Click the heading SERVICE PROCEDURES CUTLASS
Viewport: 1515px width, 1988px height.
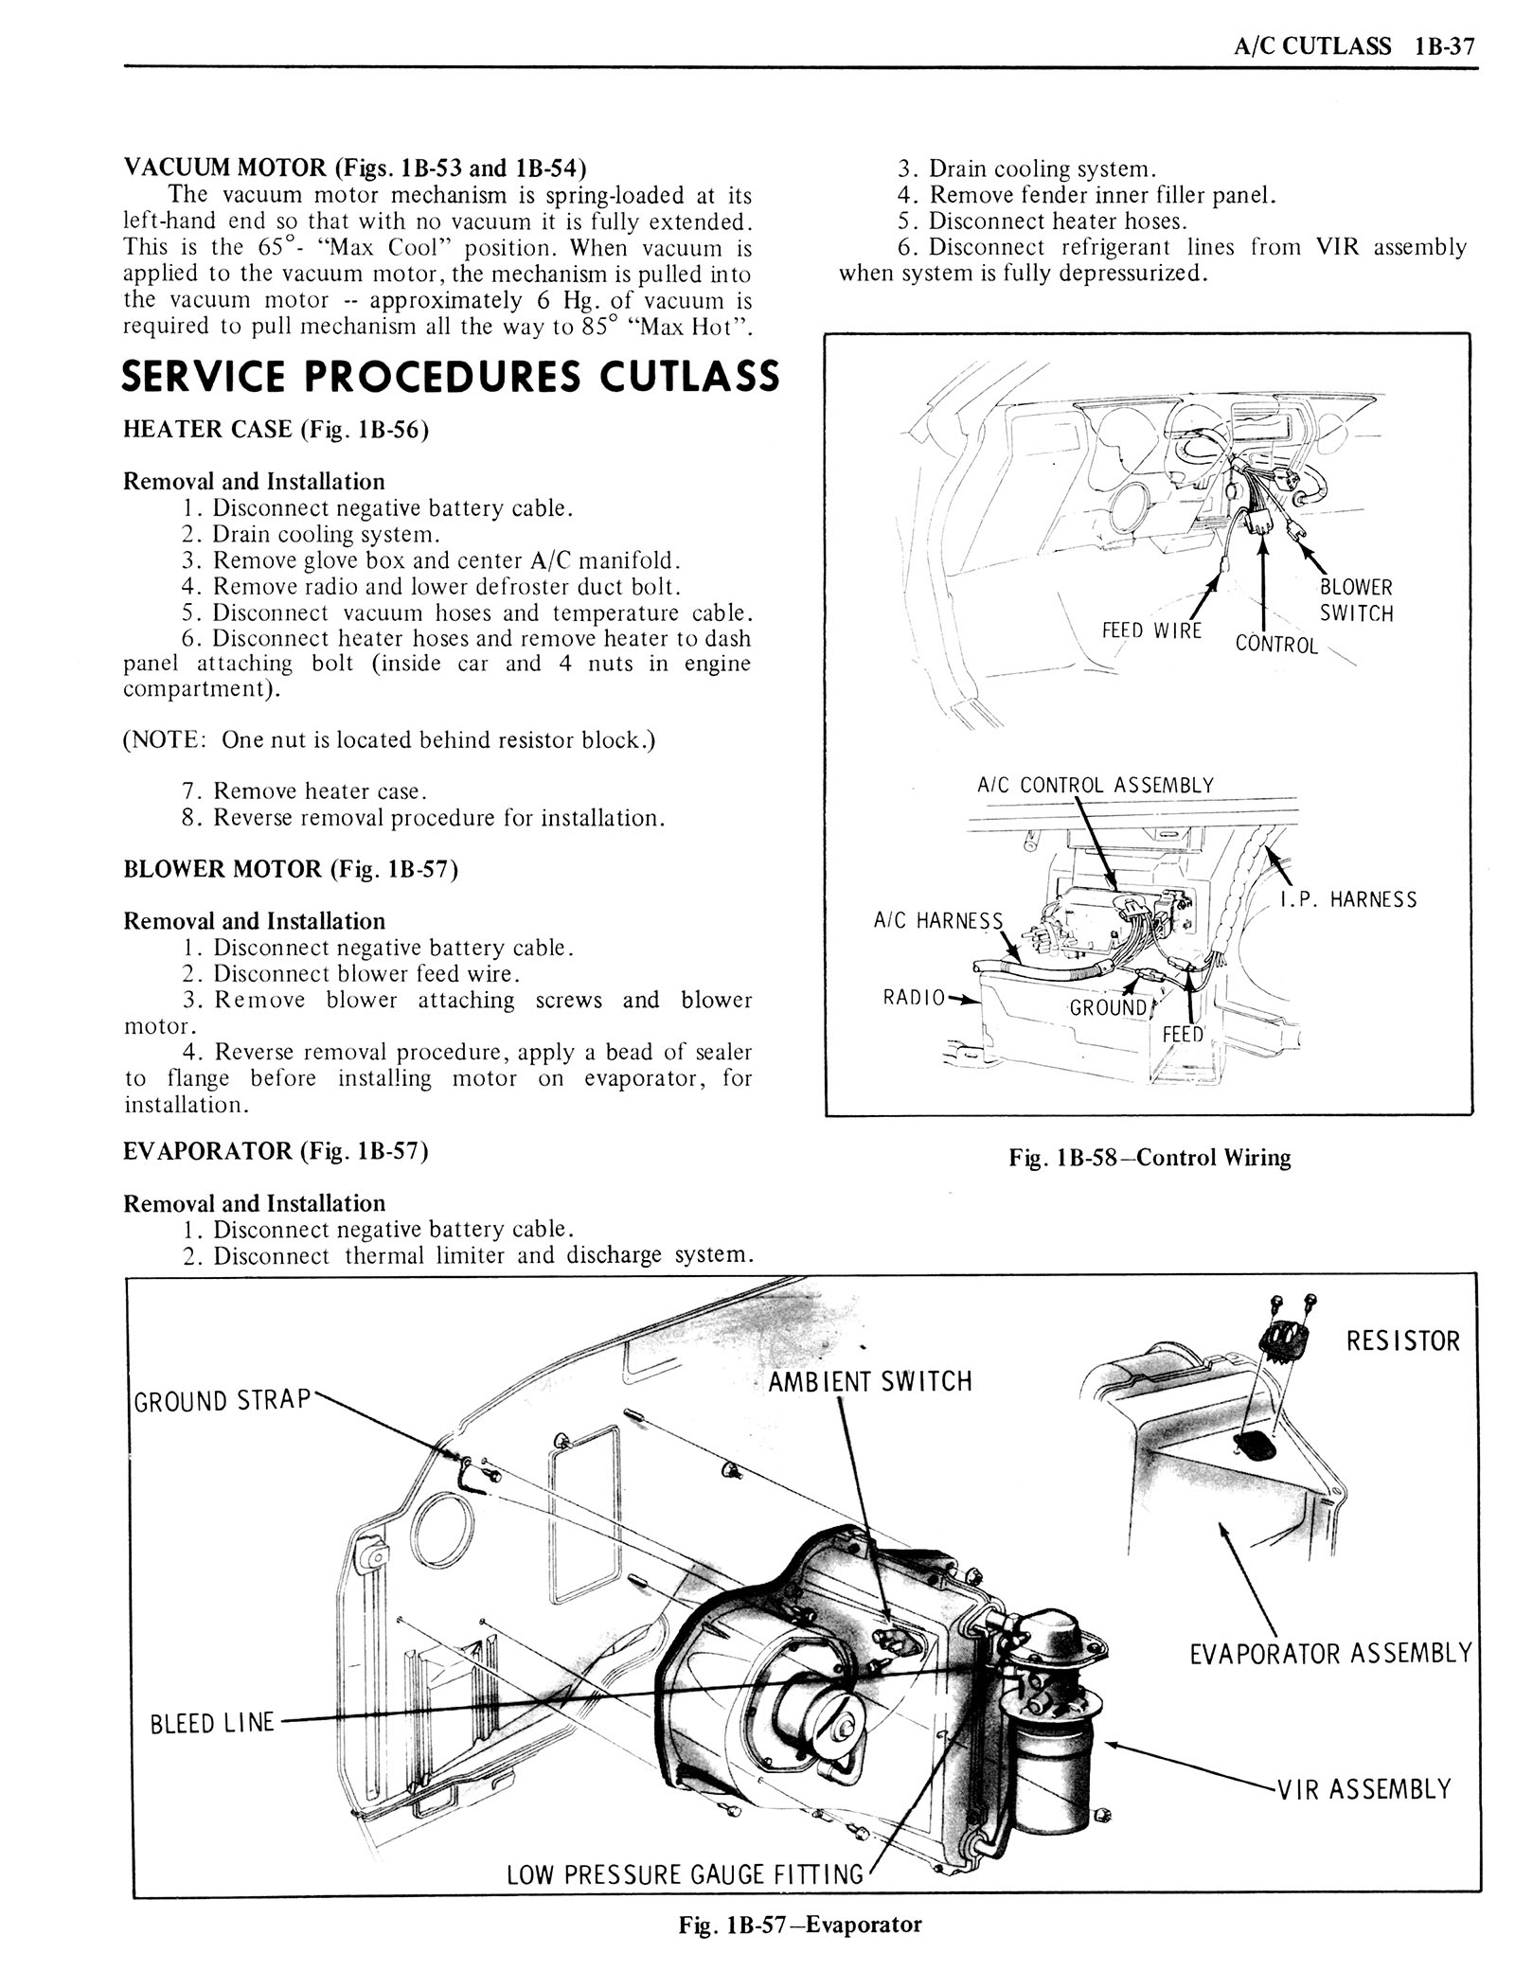pyautogui.click(x=451, y=376)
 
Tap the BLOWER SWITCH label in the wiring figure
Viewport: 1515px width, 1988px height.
pyautogui.click(x=1356, y=600)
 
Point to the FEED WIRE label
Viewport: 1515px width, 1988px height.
pyautogui.click(x=1151, y=630)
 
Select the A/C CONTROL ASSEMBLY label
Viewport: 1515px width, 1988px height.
pyautogui.click(x=1095, y=785)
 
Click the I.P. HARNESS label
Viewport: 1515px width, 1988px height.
pyautogui.click(x=1348, y=899)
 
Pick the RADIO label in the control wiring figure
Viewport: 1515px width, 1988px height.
pyautogui.click(x=914, y=997)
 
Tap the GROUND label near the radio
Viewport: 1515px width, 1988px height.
pyautogui.click(x=1108, y=1007)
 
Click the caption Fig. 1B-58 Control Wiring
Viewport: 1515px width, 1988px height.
pyautogui.click(x=1150, y=1157)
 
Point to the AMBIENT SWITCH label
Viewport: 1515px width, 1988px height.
pyautogui.click(x=869, y=1381)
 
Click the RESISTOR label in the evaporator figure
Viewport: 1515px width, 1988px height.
pyautogui.click(x=1403, y=1340)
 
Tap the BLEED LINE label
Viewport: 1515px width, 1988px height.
pyautogui.click(x=212, y=1723)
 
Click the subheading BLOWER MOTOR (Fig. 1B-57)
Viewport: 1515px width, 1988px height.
pyautogui.click(x=291, y=869)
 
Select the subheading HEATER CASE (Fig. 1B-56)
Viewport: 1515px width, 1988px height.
pyautogui.click(x=276, y=429)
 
